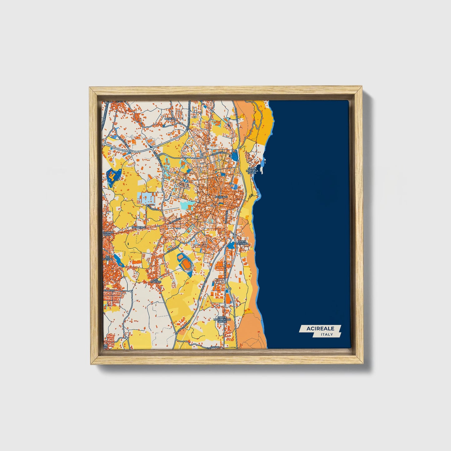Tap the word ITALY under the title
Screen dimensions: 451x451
click(x=326, y=335)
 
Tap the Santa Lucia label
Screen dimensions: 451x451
click(x=108, y=234)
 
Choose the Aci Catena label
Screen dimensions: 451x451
click(x=108, y=257)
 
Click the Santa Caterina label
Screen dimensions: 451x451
click(x=243, y=243)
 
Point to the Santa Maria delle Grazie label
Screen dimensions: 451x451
click(x=222, y=319)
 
